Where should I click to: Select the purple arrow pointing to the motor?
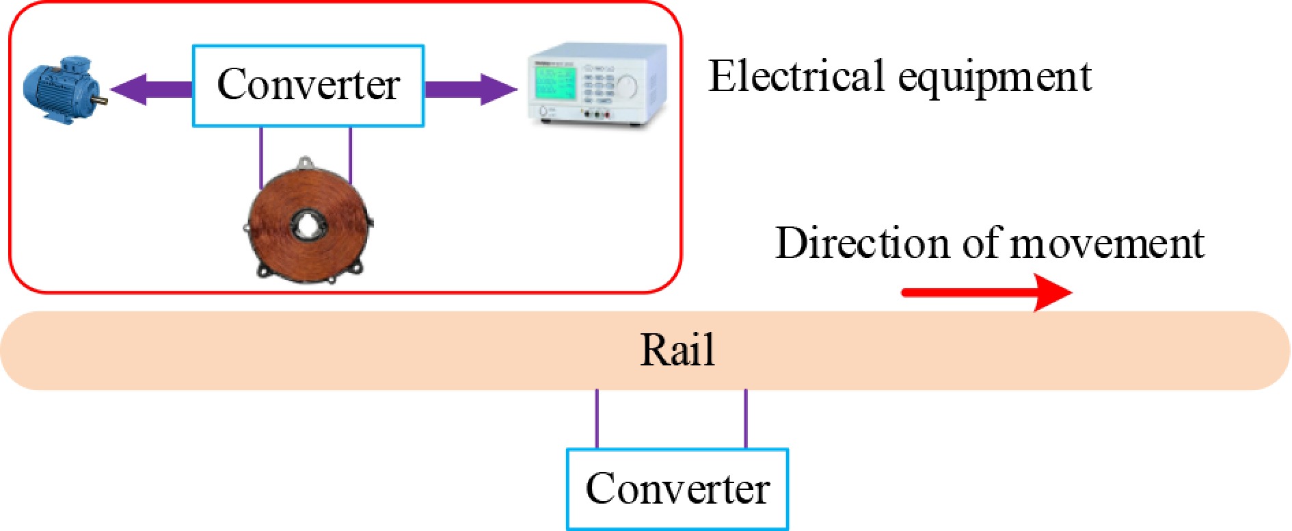(150, 89)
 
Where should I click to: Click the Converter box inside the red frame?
(308, 86)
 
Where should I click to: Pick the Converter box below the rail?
(677, 489)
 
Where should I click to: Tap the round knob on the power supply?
(627, 86)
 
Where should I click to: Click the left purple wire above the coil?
(261, 157)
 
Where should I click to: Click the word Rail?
(677, 350)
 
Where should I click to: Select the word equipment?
(995, 78)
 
